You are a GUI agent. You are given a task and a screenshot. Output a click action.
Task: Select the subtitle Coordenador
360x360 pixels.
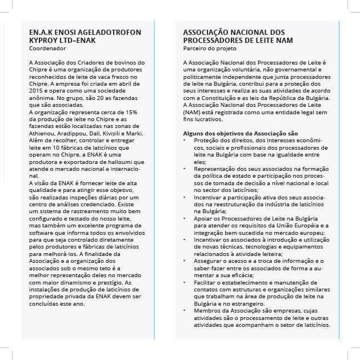[46, 49]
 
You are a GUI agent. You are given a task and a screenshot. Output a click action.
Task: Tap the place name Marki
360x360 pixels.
[135, 133]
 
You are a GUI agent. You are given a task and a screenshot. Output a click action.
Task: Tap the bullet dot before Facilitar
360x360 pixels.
[185, 282]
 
